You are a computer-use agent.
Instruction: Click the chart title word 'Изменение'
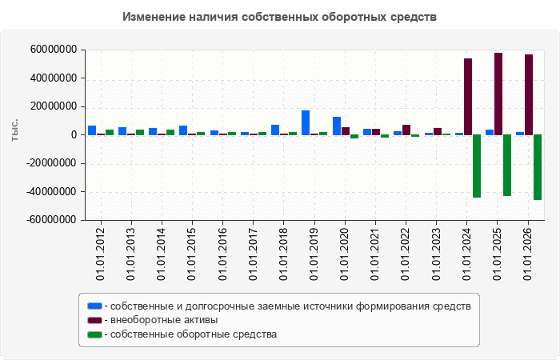pos(153,17)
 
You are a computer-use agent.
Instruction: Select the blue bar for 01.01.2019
pos(306,123)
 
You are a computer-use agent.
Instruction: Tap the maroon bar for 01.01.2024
pos(468,97)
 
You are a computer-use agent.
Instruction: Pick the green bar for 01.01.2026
pos(538,167)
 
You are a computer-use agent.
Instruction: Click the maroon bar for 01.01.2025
pos(498,94)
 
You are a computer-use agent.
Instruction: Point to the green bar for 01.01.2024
pos(477,166)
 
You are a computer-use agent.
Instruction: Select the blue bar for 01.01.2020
pos(337,126)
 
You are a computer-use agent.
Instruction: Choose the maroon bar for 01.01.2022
pos(406,130)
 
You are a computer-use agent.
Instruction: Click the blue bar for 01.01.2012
pos(92,130)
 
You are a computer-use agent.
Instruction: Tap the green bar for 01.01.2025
pos(507,166)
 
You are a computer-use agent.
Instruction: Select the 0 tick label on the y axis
pos(74,135)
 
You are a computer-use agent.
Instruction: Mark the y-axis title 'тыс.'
pos(14,130)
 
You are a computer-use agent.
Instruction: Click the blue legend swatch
pos(94,306)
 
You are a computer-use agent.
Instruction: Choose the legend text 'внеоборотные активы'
pos(164,320)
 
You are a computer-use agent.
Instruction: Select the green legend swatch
pos(94,334)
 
